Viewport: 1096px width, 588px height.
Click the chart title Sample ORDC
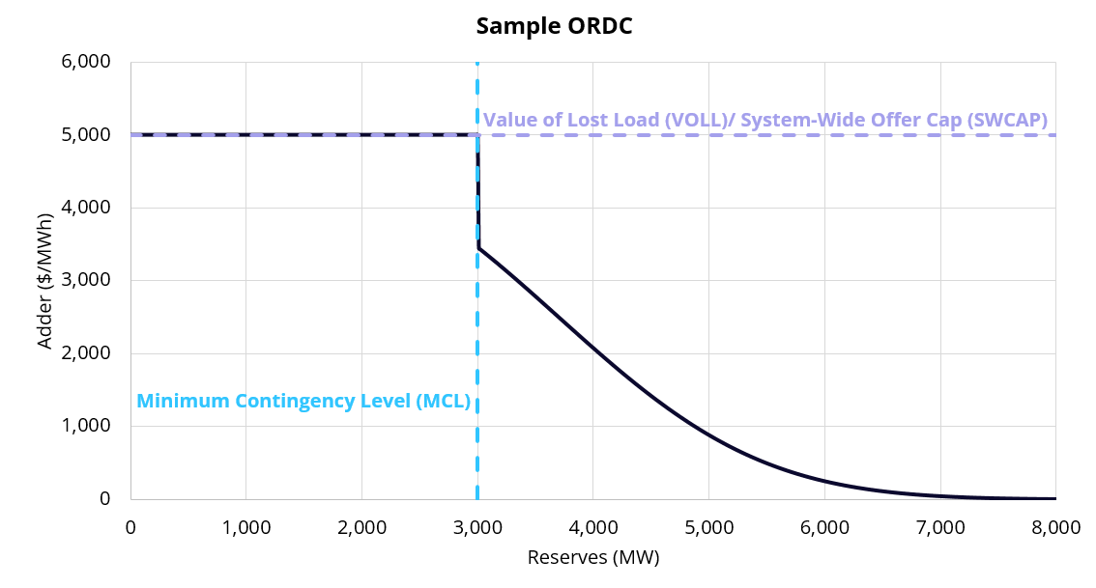pyautogui.click(x=554, y=26)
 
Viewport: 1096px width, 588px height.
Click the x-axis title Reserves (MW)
pyautogui.click(x=592, y=557)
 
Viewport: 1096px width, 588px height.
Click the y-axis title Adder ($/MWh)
pyautogui.click(x=44, y=280)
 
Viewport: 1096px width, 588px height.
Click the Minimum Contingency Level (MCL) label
pyautogui.click(x=303, y=401)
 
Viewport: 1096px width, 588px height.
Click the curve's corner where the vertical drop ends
pyautogui.click(x=478, y=248)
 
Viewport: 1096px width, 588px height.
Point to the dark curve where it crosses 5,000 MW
pyautogui.click(x=708, y=435)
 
